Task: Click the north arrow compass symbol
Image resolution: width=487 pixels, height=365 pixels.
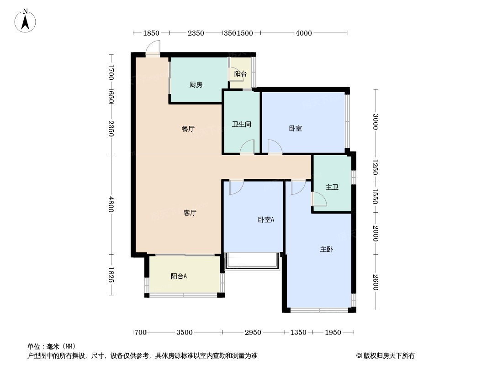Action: pyautogui.click(x=25, y=21)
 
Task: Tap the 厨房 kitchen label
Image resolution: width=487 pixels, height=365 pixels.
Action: pyautogui.click(x=196, y=85)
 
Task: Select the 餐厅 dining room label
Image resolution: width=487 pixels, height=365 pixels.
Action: pyautogui.click(x=188, y=129)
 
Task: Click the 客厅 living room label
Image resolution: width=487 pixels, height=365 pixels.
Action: pyautogui.click(x=190, y=213)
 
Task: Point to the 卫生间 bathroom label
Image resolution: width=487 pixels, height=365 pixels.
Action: pyautogui.click(x=242, y=125)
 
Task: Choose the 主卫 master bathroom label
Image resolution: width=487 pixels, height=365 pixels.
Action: pyautogui.click(x=332, y=187)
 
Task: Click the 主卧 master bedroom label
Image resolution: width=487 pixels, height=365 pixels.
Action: pyautogui.click(x=327, y=249)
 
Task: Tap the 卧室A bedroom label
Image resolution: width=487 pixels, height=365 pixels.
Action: pyautogui.click(x=266, y=219)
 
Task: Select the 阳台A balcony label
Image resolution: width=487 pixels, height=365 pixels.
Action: pyautogui.click(x=179, y=276)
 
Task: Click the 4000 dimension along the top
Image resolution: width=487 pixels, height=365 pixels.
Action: pyautogui.click(x=304, y=33)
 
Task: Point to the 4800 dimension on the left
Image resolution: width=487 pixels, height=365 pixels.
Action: pyautogui.click(x=111, y=204)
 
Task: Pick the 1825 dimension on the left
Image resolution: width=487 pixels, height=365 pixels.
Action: pyautogui.click(x=111, y=275)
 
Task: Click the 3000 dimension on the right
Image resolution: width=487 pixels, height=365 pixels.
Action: pyautogui.click(x=376, y=121)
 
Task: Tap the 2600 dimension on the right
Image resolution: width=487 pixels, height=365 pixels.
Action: pyautogui.click(x=376, y=282)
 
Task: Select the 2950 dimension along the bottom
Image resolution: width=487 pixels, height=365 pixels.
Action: pyautogui.click(x=253, y=333)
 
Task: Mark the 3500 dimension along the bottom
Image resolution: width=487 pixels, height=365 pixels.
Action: pyautogui.click(x=185, y=333)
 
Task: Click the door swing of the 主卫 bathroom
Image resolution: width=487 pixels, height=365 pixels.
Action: pyautogui.click(x=319, y=199)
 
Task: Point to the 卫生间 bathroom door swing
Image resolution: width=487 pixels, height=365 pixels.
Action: pyautogui.click(x=247, y=146)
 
